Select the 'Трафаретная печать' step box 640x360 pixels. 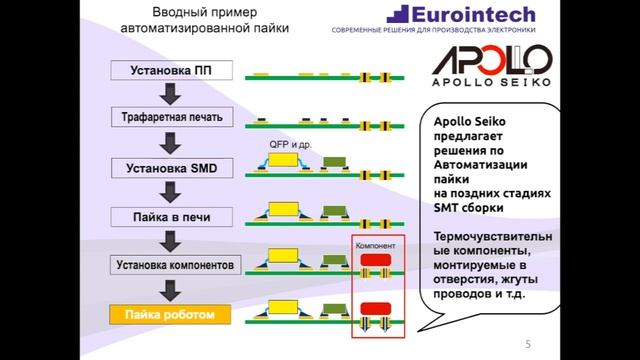pyautogui.click(x=171, y=117)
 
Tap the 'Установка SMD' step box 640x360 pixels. pyautogui.click(x=171, y=166)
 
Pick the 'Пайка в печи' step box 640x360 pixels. pyautogui.click(x=171, y=216)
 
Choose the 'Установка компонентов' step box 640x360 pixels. pyautogui.click(x=171, y=266)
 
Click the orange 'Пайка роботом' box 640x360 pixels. pyautogui.click(x=171, y=314)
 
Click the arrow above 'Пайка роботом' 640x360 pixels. pyautogui.click(x=171, y=291)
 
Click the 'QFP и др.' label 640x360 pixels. pyautogui.click(x=290, y=144)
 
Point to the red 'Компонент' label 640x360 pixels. pyautogui.click(x=375, y=244)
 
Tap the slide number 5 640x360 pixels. pyautogui.click(x=527, y=345)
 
